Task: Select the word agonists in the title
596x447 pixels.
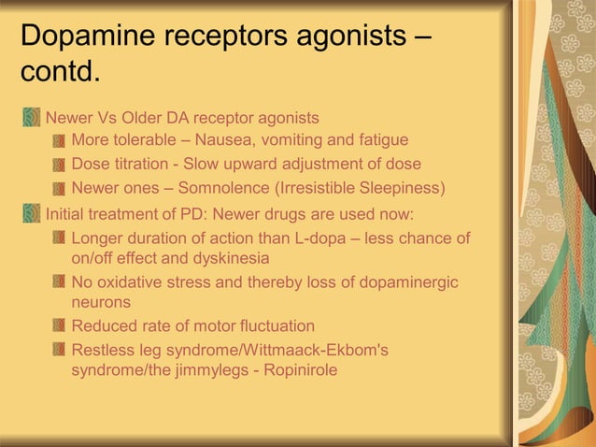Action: click(342, 36)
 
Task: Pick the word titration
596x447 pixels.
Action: click(140, 164)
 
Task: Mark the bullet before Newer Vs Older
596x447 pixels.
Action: click(32, 118)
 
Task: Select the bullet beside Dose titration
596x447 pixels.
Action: click(59, 165)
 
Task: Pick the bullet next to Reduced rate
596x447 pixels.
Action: click(59, 327)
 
